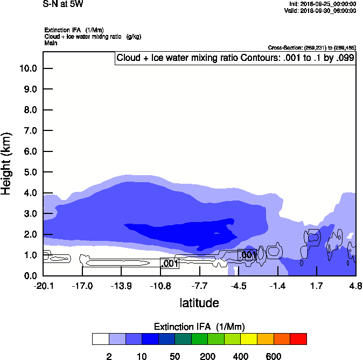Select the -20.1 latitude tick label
[x=43, y=285]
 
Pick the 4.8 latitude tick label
[x=355, y=285]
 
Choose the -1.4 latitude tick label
[x=277, y=285]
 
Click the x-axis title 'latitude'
[x=199, y=303]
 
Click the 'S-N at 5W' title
[x=63, y=4]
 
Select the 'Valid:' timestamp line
[x=320, y=10]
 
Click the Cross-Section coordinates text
[x=311, y=48]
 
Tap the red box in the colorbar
[x=298, y=339]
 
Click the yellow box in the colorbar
[x=249, y=339]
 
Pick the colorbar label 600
[x=274, y=356]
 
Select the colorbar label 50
[x=174, y=356]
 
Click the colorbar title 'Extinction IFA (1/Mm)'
[x=199, y=327]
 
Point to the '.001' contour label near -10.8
[x=170, y=264]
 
